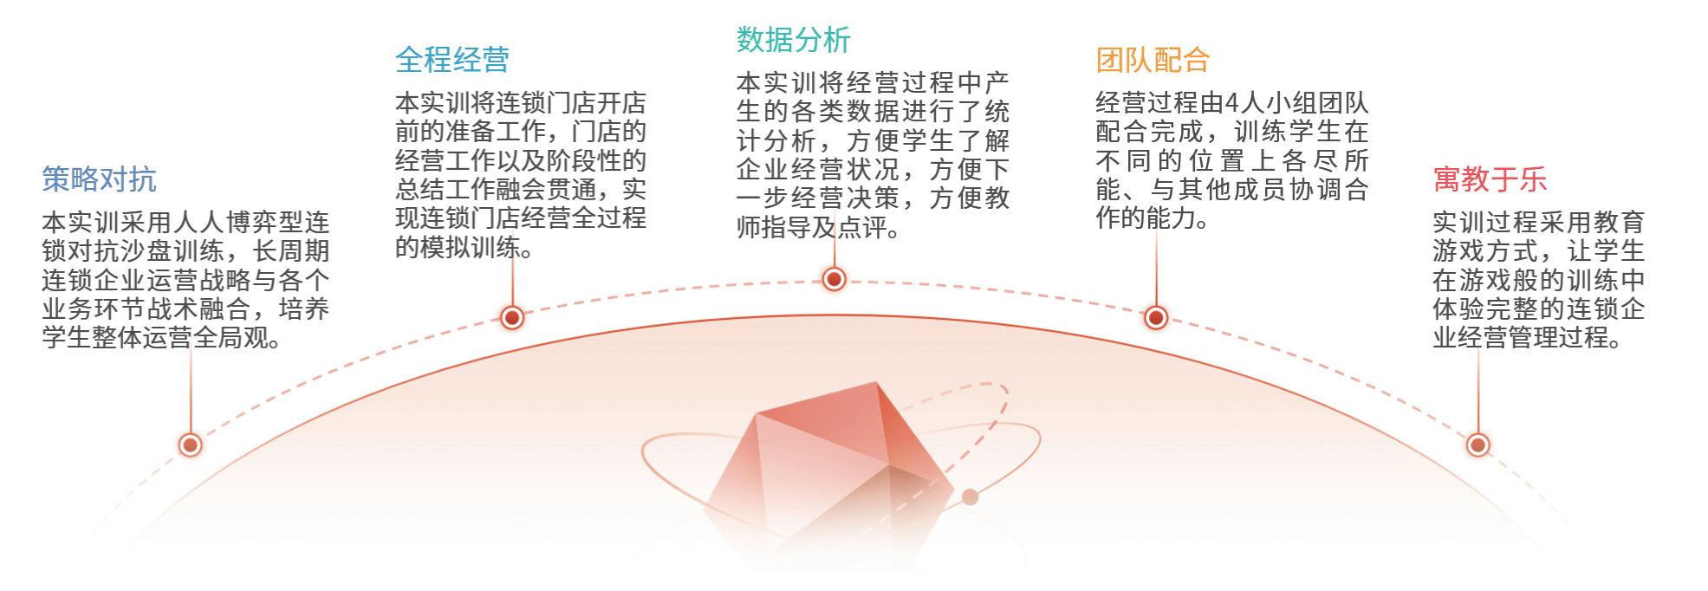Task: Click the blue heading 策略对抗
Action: coord(99,179)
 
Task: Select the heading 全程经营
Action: coord(452,60)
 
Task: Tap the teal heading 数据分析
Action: coord(793,40)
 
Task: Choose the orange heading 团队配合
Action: coord(1153,60)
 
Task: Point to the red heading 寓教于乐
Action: coord(1490,179)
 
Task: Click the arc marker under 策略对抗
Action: coord(190,445)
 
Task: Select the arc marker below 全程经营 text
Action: coord(512,318)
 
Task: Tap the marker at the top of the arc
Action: coord(834,279)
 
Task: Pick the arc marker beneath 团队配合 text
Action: coord(1156,318)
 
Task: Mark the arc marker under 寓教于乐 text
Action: coord(1477,445)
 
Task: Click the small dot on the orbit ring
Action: coord(971,497)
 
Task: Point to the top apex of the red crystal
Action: coord(875,382)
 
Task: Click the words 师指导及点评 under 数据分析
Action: coord(812,227)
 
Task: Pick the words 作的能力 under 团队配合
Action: coord(1146,218)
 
